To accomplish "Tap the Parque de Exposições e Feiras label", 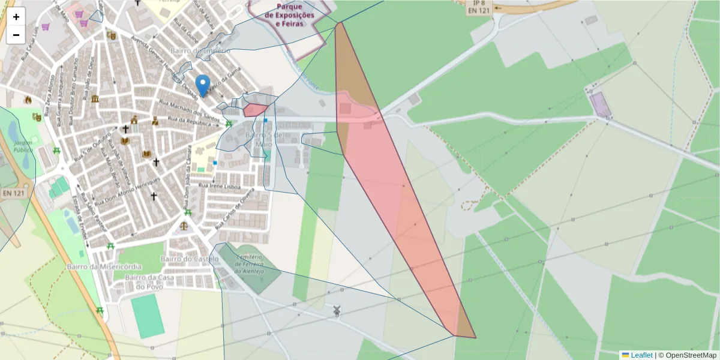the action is pyautogui.click(x=290, y=15).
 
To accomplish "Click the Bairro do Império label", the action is pyautogui.click(x=200, y=51).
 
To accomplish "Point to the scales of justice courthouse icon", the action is pyautogui.click(x=184, y=226).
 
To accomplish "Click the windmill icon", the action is pyautogui.click(x=337, y=311).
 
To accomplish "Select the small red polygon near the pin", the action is pyautogui.click(x=254, y=110).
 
